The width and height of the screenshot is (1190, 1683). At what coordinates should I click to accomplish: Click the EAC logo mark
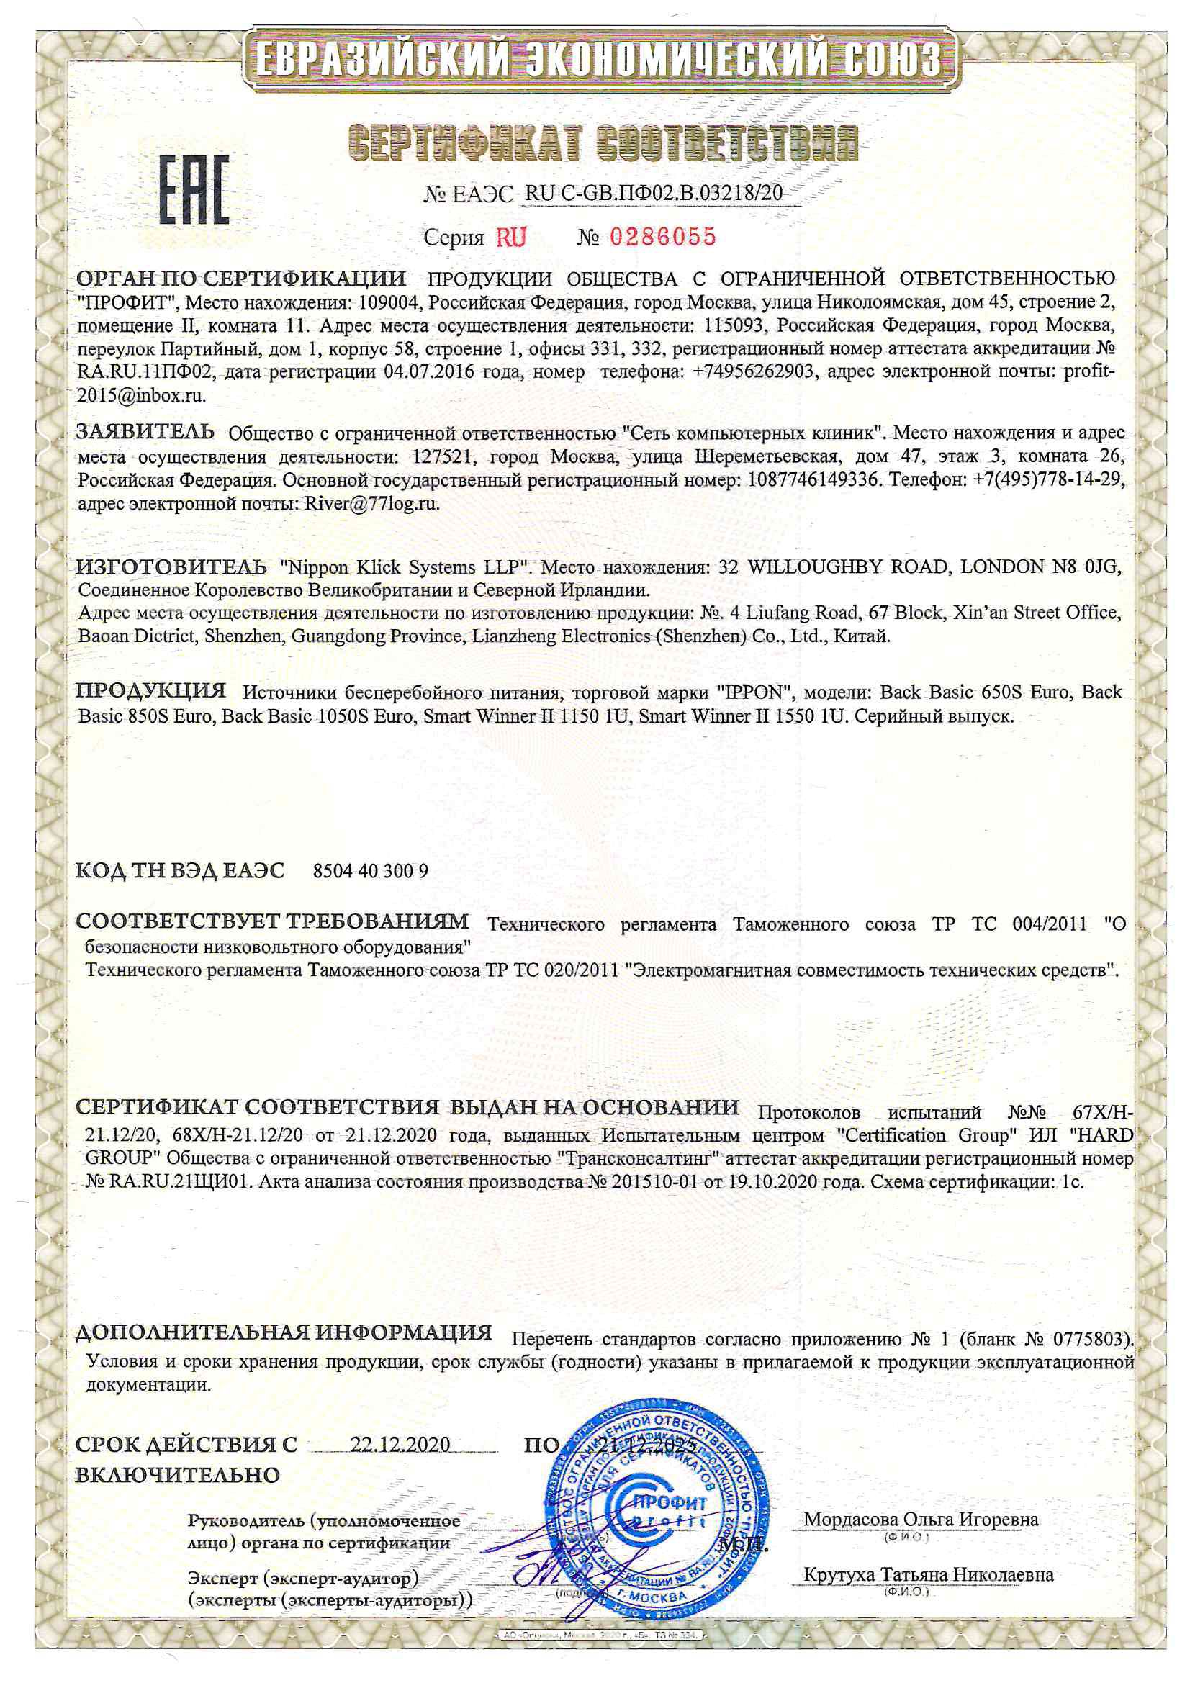(194, 190)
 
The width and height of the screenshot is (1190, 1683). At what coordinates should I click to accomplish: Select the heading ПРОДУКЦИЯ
(151, 690)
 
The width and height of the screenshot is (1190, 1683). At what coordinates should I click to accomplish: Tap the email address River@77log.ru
(365, 504)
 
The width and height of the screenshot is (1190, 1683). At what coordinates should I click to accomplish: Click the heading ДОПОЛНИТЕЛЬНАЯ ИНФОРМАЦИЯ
(284, 1332)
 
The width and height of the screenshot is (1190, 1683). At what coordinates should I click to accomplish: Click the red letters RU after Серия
(511, 237)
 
